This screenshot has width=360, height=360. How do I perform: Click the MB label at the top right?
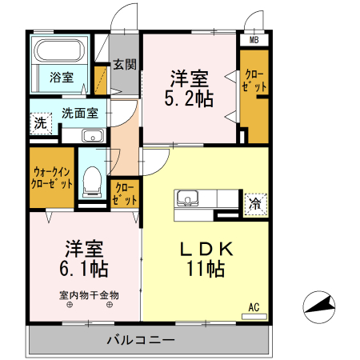[x=254, y=39]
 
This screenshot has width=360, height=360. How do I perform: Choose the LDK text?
[x=205, y=249]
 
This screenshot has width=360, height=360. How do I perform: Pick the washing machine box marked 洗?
[x=40, y=124]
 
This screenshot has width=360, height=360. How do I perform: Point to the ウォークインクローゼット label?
[x=53, y=177]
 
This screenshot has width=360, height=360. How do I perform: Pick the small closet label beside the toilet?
[x=124, y=194]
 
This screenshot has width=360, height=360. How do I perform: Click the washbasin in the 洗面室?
[x=92, y=134]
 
